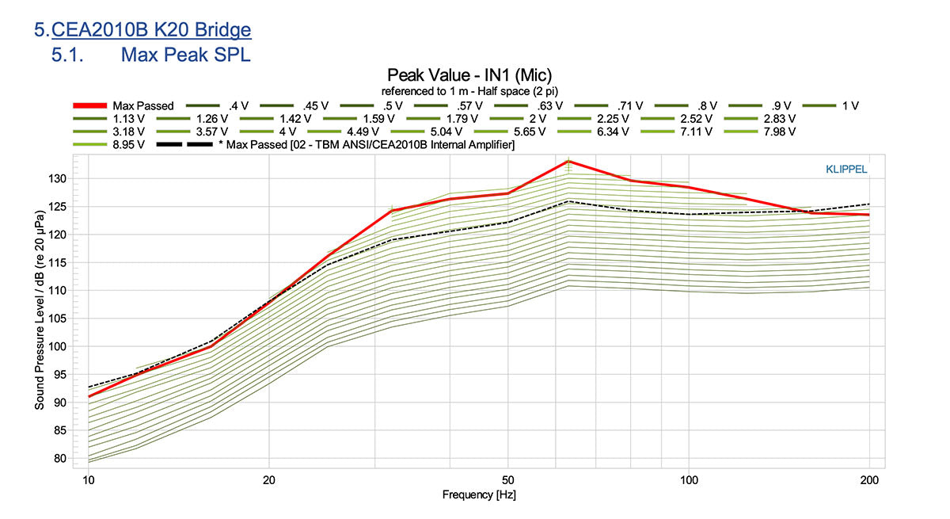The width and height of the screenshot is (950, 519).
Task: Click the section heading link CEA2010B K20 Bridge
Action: point(151,30)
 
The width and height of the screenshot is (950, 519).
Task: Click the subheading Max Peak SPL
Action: point(185,55)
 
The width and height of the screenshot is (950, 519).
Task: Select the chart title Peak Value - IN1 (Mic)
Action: point(475,75)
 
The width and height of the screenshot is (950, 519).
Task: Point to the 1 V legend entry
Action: point(850,105)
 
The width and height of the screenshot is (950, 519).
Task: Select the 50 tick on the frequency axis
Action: point(507,480)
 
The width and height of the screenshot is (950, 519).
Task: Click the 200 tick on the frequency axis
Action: point(869,480)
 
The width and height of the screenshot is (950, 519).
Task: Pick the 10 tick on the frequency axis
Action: point(89,480)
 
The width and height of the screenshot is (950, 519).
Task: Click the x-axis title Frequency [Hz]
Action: point(479,495)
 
